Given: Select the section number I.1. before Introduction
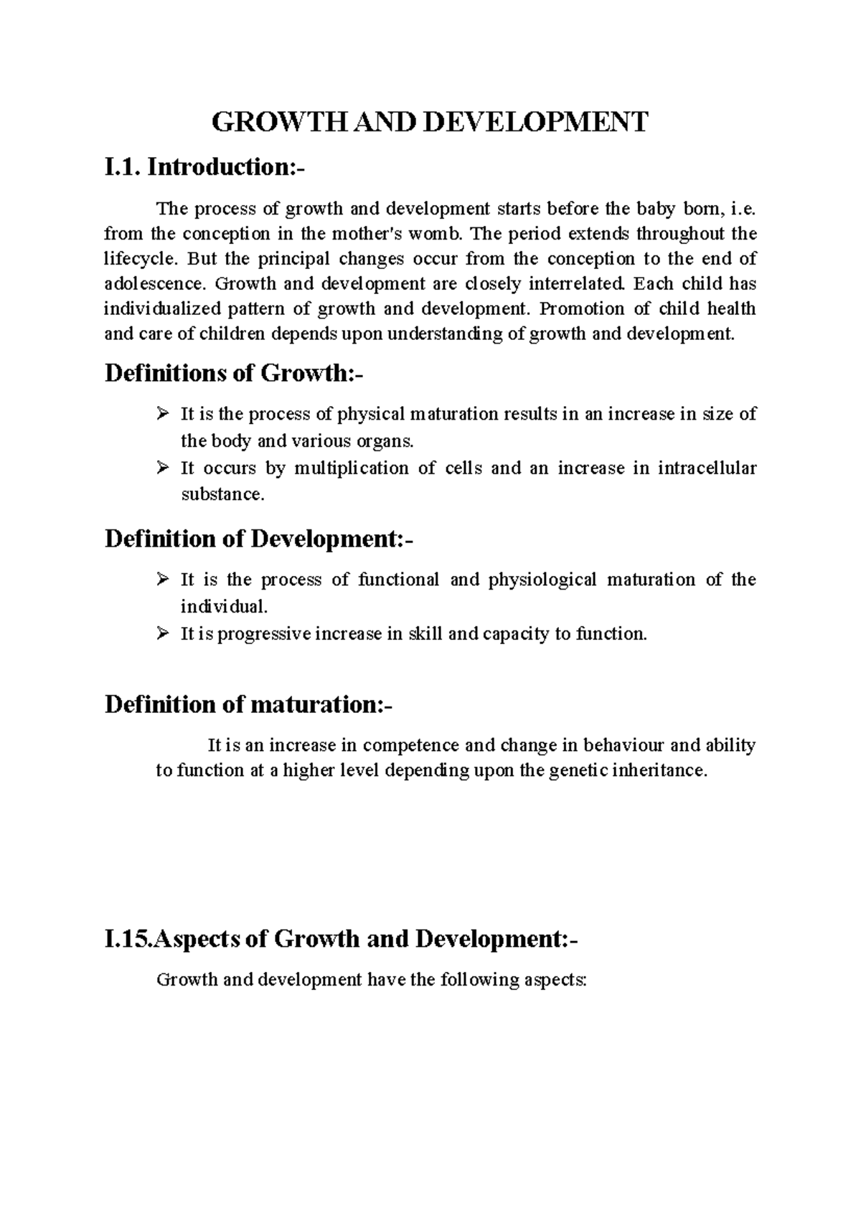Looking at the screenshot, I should pyautogui.click(x=123, y=167).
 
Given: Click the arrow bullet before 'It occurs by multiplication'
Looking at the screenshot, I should pyautogui.click(x=162, y=468).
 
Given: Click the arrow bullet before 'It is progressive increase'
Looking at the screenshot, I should pyautogui.click(x=162, y=633).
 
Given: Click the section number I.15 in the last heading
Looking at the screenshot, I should pyautogui.click(x=127, y=939).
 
